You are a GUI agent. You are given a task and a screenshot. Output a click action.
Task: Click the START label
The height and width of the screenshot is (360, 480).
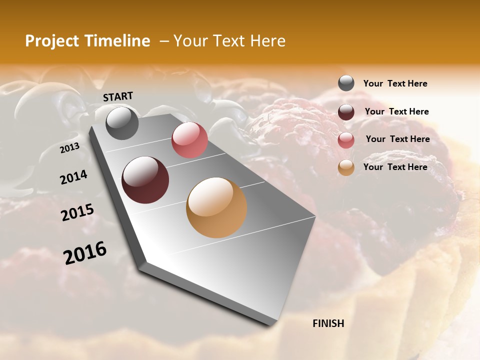[x=118, y=96]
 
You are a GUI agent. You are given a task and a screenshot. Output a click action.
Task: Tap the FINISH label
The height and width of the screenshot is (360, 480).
[x=328, y=323]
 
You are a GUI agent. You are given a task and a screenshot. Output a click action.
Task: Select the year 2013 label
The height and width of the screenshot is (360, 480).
[x=70, y=148]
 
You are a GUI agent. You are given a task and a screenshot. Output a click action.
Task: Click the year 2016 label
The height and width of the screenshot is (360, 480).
[x=85, y=253]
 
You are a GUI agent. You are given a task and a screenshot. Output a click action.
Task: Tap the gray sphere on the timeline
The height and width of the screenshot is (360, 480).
[x=122, y=123]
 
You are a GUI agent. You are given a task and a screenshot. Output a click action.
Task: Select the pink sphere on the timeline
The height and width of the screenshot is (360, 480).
[x=189, y=140]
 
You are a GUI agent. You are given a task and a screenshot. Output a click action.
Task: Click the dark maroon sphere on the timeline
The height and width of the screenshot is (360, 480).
[x=145, y=180]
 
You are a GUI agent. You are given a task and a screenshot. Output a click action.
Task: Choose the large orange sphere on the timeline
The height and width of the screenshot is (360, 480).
[x=216, y=207]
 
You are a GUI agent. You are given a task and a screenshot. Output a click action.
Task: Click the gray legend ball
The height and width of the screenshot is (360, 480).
[x=346, y=83]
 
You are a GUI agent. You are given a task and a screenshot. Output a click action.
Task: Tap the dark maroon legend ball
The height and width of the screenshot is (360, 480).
[x=346, y=112]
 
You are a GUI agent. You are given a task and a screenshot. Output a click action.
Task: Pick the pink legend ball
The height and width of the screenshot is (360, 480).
[x=346, y=140]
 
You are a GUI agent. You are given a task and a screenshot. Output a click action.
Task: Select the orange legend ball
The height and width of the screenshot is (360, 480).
[x=346, y=167]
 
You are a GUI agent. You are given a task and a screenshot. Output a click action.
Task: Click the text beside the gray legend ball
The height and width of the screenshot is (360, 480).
[x=395, y=84]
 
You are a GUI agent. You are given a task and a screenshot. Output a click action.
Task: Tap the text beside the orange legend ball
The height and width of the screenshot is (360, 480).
[x=395, y=167]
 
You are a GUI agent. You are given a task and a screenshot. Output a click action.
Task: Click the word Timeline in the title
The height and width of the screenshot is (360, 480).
[x=118, y=41]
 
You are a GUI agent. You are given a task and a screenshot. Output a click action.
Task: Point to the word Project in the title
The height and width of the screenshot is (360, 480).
[x=52, y=41]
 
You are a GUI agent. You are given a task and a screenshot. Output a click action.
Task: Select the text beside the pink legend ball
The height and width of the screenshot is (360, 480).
[x=397, y=139]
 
